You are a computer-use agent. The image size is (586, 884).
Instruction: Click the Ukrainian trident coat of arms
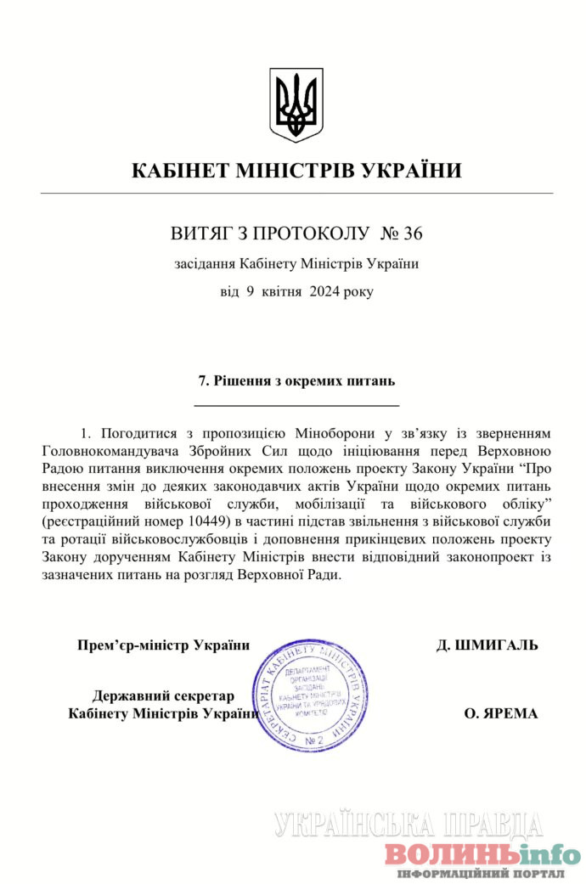click(296, 105)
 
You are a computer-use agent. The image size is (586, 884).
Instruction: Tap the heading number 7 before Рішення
click(202, 381)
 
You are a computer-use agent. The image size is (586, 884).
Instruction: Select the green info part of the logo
click(541, 853)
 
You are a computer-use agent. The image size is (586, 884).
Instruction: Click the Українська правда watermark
click(408, 825)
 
